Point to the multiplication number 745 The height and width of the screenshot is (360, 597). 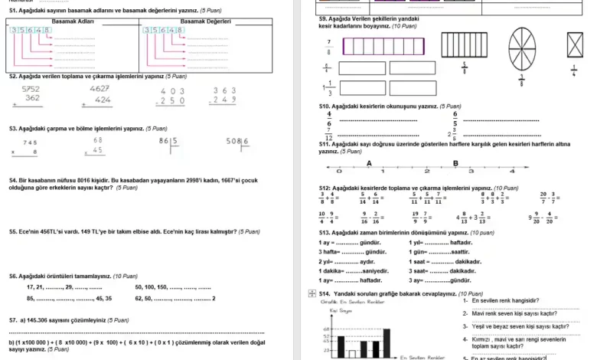(30, 142)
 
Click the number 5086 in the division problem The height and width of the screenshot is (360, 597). (238, 141)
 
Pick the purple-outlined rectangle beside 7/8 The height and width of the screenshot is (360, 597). (383, 46)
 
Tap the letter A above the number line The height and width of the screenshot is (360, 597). (370, 163)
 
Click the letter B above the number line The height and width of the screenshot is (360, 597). (455, 163)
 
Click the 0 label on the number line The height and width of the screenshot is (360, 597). (339, 172)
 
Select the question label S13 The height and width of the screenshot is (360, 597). (325, 232)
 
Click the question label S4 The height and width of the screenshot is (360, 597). (13, 181)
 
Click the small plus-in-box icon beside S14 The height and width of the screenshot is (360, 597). (312, 293)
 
